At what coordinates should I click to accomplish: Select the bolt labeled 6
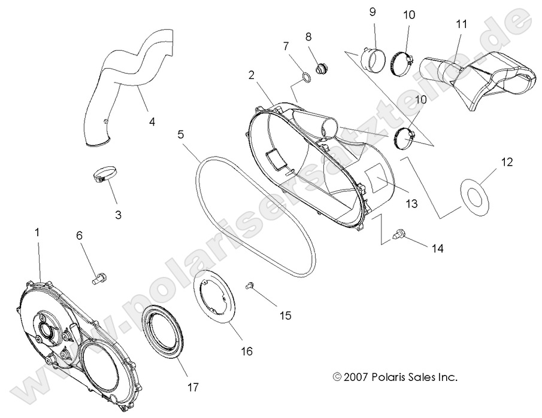pyautogui.click(x=100, y=277)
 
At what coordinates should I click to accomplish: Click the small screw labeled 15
pyautogui.click(x=251, y=286)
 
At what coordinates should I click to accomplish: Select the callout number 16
pyautogui.click(x=246, y=351)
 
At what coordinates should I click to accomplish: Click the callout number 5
pyautogui.click(x=180, y=135)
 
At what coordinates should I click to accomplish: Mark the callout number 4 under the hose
pyautogui.click(x=152, y=121)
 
